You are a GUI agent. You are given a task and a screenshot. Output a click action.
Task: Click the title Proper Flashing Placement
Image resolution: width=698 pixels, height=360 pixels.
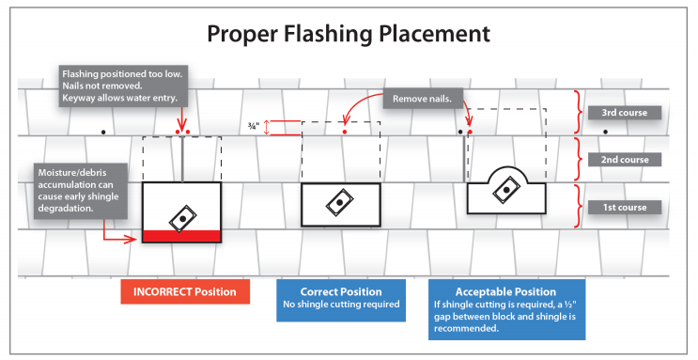(349, 34)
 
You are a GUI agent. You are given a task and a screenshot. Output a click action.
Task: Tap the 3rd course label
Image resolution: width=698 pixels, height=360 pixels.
(625, 113)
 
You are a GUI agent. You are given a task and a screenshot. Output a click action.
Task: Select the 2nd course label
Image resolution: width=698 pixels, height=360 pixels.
(625, 160)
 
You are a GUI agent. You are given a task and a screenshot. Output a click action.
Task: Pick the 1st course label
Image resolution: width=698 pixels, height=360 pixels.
(625, 207)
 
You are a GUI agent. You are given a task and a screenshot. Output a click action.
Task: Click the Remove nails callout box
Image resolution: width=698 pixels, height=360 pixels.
(422, 99)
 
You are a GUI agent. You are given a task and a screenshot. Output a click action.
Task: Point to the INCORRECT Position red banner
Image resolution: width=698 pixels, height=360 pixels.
(185, 291)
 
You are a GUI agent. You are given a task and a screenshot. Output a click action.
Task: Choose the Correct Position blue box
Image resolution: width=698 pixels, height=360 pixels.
(341, 300)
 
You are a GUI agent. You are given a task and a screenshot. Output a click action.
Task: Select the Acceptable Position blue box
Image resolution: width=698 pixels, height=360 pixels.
(506, 309)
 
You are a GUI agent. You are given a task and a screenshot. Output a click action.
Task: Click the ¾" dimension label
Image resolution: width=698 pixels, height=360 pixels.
(254, 127)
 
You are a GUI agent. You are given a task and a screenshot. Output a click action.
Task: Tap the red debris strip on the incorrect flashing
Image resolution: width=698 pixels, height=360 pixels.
(181, 236)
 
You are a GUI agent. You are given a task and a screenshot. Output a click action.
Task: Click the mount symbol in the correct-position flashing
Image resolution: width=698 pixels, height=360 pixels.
(340, 203)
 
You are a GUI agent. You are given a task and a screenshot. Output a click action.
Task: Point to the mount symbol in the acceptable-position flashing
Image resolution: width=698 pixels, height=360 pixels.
(506, 190)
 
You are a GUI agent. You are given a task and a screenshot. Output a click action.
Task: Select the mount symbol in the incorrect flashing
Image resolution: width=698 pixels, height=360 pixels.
(182, 218)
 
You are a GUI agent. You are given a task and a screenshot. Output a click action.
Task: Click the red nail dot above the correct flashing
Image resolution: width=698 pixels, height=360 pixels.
(345, 132)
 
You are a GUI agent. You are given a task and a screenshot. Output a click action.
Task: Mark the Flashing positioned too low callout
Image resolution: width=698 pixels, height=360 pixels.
(123, 86)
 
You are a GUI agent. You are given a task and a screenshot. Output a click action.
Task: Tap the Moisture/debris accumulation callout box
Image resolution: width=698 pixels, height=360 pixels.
(81, 191)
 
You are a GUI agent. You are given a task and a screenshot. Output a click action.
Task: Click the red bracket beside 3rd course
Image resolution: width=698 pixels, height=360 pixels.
(578, 112)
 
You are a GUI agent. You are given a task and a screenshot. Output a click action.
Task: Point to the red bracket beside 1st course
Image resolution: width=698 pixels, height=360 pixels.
(578, 206)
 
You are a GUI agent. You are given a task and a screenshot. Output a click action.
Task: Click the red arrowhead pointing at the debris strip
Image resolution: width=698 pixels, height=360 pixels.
(131, 240)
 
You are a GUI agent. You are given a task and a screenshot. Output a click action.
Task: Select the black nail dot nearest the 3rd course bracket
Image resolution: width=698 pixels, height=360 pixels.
(605, 132)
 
